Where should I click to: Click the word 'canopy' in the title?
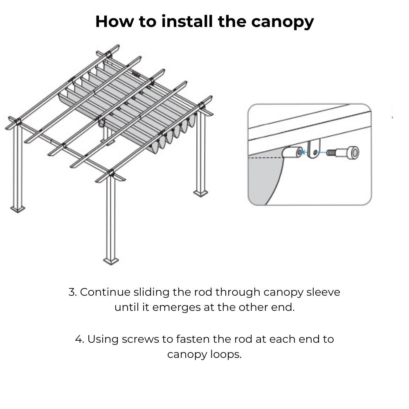pyautogui.click(x=282, y=22)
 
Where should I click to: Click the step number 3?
pyautogui.click(x=72, y=292)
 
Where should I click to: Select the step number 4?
pyautogui.click(x=79, y=339)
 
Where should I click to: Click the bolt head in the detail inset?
pyautogui.click(x=353, y=153)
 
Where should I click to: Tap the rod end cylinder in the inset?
pyautogui.click(x=292, y=153)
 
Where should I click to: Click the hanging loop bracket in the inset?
pyautogui.click(x=313, y=148)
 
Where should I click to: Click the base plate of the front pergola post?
pyautogui.click(x=111, y=261)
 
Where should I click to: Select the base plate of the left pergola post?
pyautogui.click(x=18, y=209)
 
